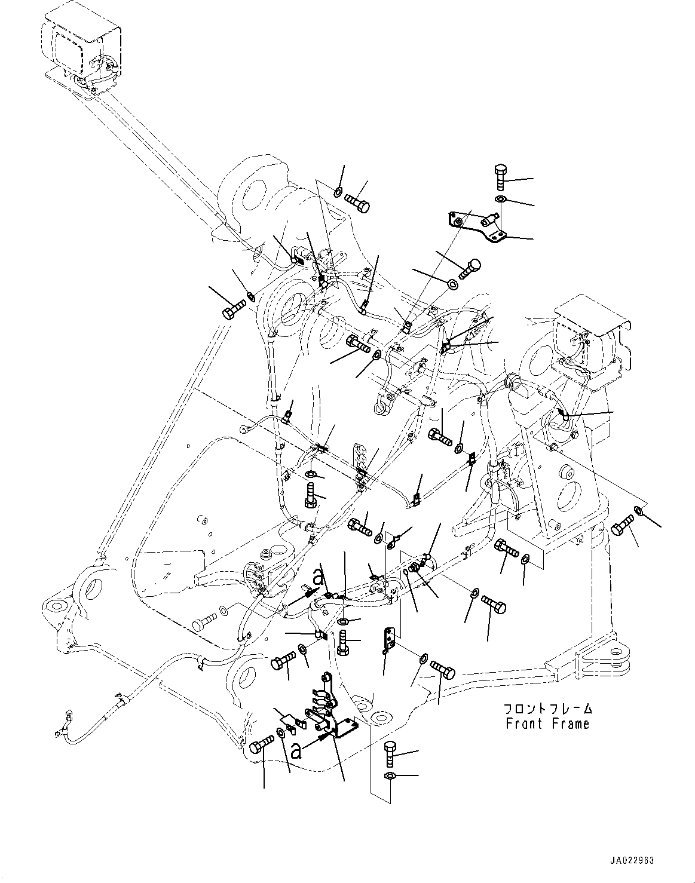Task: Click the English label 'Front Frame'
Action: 547,724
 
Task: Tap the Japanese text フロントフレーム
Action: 547,709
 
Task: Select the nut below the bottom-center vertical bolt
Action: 389,776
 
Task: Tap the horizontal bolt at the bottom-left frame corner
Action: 262,745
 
